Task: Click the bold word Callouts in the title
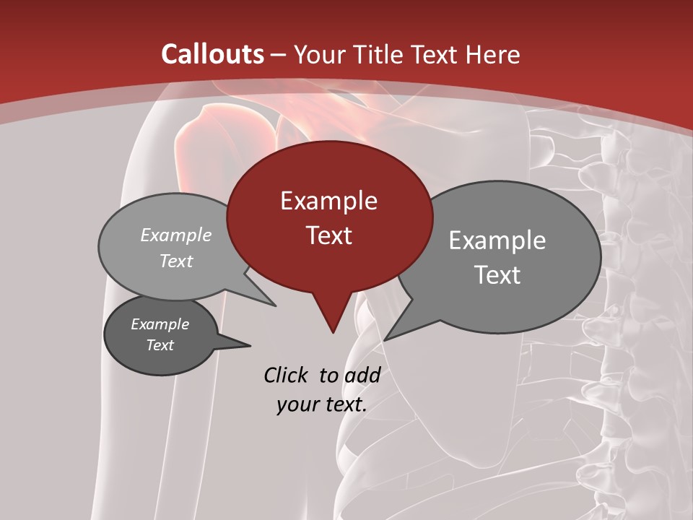point(212,54)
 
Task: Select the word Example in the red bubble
point(328,201)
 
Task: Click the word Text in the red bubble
point(328,235)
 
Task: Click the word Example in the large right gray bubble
point(497,240)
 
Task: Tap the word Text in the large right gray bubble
point(497,275)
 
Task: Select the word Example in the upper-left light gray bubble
point(176,235)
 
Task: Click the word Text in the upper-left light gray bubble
point(176,261)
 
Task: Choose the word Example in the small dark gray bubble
point(160,324)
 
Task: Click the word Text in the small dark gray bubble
point(160,345)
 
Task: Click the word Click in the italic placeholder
point(287,375)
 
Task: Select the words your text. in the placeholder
point(322,404)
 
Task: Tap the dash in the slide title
point(279,55)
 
